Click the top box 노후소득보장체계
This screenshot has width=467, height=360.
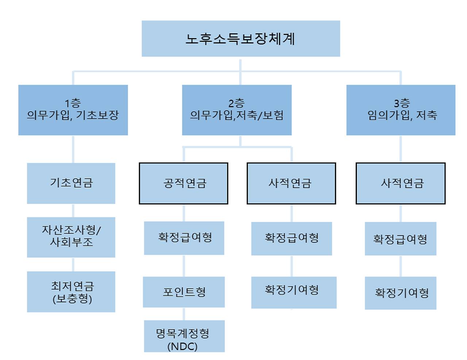coord(241,39)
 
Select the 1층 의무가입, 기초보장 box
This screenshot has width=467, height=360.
coord(73,110)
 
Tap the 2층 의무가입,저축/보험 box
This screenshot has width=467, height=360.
coord(237,110)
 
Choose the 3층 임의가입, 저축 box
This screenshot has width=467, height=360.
coord(401,110)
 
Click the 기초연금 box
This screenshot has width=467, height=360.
coord(71,183)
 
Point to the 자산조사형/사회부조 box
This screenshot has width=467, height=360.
coord(71,237)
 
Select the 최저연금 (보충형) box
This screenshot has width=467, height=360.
coord(71,292)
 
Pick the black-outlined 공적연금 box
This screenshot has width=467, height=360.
coord(184,183)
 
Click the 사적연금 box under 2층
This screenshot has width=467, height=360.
coord(292,183)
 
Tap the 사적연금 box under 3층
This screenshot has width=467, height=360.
coord(401,183)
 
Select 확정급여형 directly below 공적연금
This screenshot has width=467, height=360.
coord(184,238)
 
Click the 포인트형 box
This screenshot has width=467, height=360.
coord(184,292)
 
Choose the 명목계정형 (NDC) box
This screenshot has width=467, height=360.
coord(184,336)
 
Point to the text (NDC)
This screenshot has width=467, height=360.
coord(182,346)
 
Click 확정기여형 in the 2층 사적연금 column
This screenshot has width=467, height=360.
coord(294,292)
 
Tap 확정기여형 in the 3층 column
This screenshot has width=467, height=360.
coord(401,293)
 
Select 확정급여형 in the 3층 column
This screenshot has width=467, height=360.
coord(401,238)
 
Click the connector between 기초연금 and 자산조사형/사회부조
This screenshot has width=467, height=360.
coord(73,211)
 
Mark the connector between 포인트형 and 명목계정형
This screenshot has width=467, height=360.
coord(184,314)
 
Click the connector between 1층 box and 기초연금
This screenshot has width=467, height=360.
coord(73,149)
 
